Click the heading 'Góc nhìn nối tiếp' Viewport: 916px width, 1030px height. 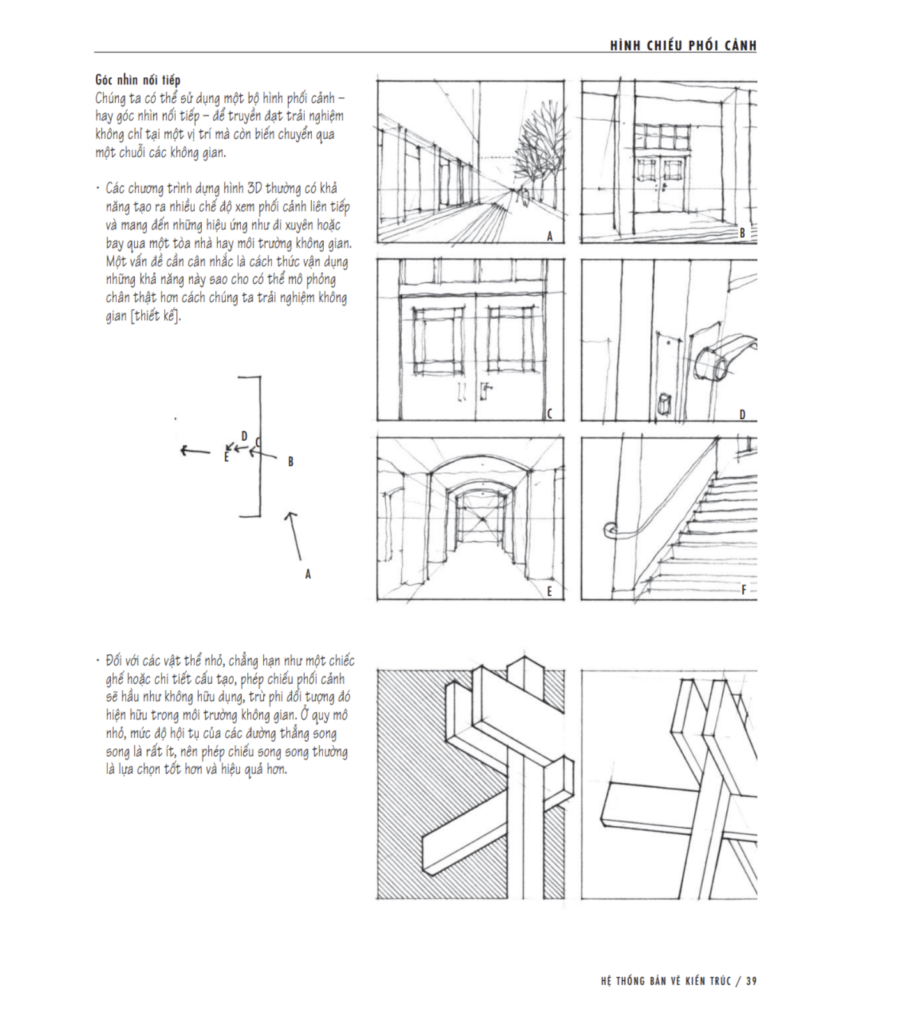click(x=137, y=80)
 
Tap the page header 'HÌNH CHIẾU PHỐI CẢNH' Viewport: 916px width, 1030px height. click(x=683, y=45)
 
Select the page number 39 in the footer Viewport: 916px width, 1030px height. click(x=751, y=981)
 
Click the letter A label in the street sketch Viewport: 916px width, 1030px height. click(x=549, y=236)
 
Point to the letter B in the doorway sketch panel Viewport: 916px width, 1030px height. click(x=742, y=233)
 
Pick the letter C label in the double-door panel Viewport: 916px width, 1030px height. click(x=549, y=414)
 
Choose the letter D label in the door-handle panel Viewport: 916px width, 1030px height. click(x=742, y=415)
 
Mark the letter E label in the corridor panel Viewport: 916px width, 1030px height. click(x=549, y=592)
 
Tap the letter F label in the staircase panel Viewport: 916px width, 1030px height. click(x=744, y=590)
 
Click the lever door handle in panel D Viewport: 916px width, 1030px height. click(x=725, y=358)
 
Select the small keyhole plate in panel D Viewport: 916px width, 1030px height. click(x=664, y=404)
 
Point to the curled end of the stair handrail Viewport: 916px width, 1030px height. click(x=609, y=530)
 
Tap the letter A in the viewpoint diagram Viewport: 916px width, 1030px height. click(x=308, y=574)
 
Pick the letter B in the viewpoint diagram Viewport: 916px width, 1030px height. click(x=291, y=461)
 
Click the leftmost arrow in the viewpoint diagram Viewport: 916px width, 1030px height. click(x=194, y=451)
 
